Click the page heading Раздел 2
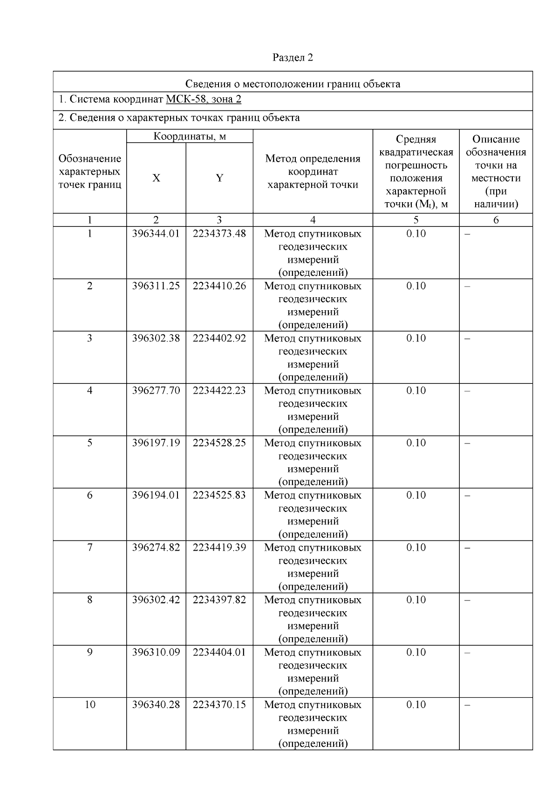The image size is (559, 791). tap(293, 57)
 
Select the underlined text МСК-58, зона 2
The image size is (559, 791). tap(204, 99)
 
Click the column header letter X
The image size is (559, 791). tap(156, 178)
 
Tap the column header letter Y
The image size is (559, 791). tap(219, 178)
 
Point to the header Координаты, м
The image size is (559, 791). tap(190, 136)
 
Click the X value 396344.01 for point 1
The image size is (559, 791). tap(156, 234)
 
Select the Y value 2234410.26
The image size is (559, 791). tap(219, 286)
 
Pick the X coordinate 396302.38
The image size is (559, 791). tap(156, 338)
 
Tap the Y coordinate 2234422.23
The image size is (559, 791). tap(219, 390)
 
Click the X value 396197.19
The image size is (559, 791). tap(156, 443)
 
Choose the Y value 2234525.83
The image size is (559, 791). tap(219, 495)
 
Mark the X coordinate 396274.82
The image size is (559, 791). tap(156, 547)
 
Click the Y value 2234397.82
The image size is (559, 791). tap(219, 600)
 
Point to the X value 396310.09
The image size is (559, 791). tap(156, 652)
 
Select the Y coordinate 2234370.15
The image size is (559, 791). tap(219, 704)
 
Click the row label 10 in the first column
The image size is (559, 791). tap(90, 704)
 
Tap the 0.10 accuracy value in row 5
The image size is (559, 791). tap(416, 443)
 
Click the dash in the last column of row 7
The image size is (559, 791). tap(468, 548)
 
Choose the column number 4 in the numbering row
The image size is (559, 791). tap(313, 220)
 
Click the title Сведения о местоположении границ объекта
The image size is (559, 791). tap(293, 84)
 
